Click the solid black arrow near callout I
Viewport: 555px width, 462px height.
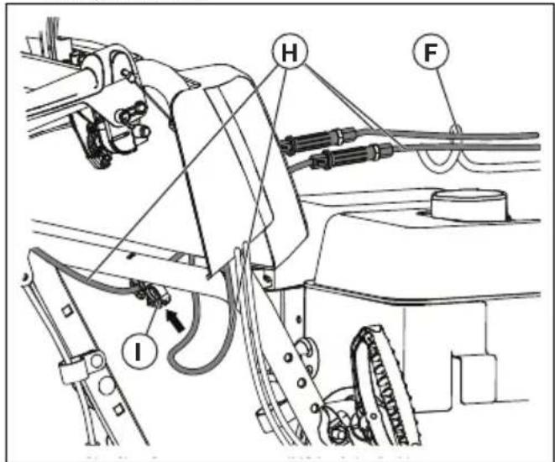[x=174, y=318]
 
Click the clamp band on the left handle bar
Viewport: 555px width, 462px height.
[x=75, y=370]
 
